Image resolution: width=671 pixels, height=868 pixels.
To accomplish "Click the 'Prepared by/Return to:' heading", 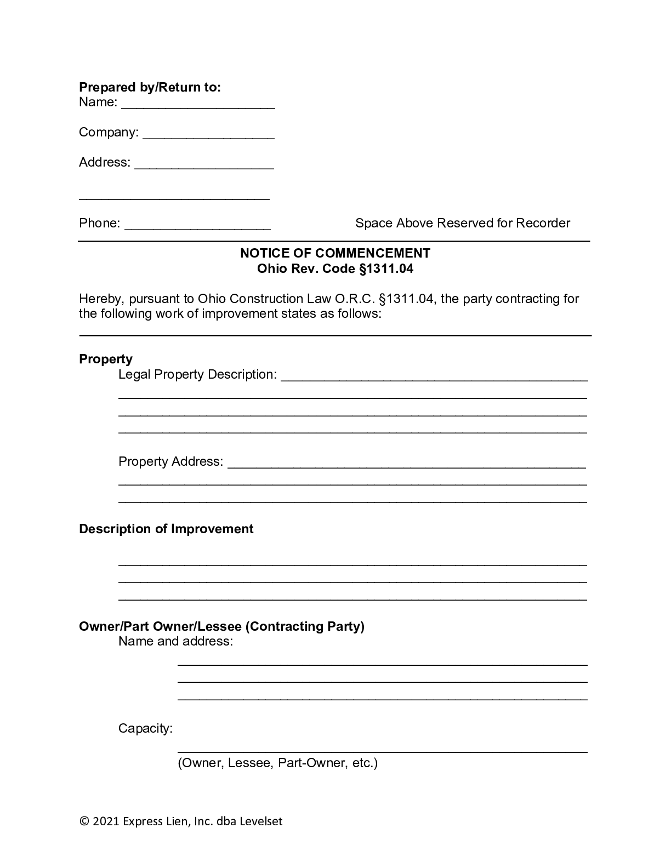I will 150,87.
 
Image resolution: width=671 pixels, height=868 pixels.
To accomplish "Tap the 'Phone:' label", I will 99,223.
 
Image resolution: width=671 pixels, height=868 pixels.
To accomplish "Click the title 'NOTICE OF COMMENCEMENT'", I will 335,253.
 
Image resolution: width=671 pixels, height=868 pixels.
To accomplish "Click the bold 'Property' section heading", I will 106,359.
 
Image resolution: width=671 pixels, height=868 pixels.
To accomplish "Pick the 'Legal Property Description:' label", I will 197,374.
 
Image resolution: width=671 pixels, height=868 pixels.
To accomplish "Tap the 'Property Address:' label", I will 170,461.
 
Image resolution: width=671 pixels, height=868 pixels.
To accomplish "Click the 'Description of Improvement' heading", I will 166,529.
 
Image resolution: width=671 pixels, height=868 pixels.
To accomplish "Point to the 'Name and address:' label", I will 175,641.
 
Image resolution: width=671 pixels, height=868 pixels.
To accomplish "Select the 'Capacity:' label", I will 145,728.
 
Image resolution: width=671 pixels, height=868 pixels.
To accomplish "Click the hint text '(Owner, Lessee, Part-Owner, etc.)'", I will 277,763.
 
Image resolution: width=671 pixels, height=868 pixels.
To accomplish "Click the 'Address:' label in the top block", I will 105,162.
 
